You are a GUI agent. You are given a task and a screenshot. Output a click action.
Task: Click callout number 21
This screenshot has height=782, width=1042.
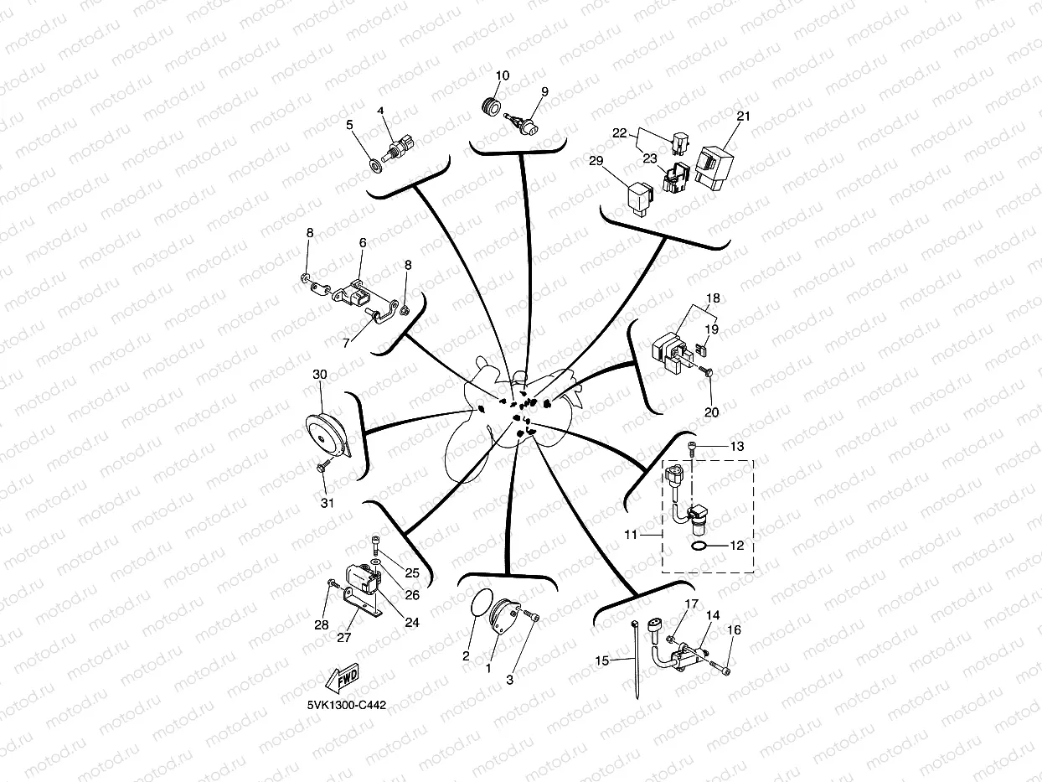click(x=743, y=117)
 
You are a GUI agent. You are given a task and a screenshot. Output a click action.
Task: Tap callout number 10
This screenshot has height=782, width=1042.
click(x=502, y=75)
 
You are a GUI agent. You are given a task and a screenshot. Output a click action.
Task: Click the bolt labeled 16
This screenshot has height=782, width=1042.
click(x=723, y=668)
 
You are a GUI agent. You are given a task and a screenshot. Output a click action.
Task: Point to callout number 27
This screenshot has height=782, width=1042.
click(x=343, y=637)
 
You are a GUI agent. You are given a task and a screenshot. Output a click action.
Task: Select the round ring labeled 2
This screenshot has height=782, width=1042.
click(x=479, y=605)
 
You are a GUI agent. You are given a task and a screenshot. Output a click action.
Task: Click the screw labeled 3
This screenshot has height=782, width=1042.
click(x=532, y=618)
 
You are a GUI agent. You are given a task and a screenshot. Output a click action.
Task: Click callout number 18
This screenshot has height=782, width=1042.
click(x=713, y=298)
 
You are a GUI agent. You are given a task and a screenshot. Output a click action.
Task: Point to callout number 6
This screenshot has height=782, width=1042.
click(x=363, y=243)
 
